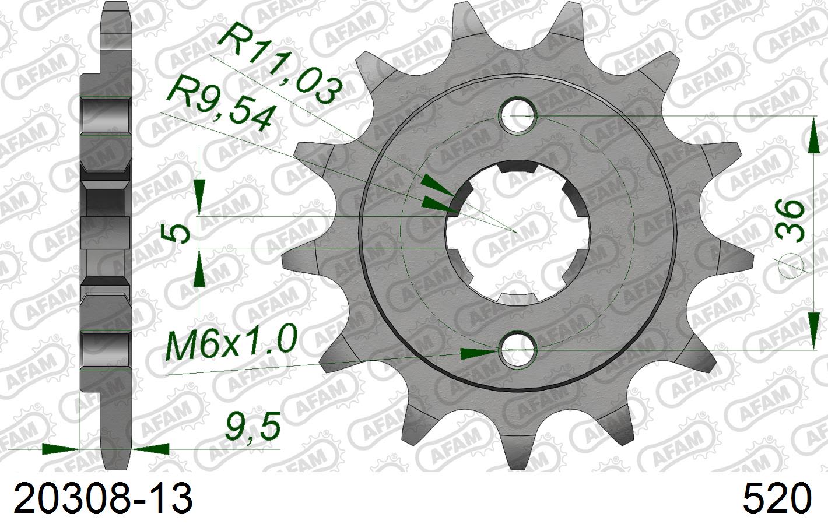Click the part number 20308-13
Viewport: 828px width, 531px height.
click(x=103, y=499)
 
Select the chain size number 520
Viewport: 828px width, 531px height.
click(x=777, y=499)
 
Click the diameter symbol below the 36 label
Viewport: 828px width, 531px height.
click(x=792, y=265)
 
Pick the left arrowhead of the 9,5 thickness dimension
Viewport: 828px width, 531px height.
click(x=61, y=449)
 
